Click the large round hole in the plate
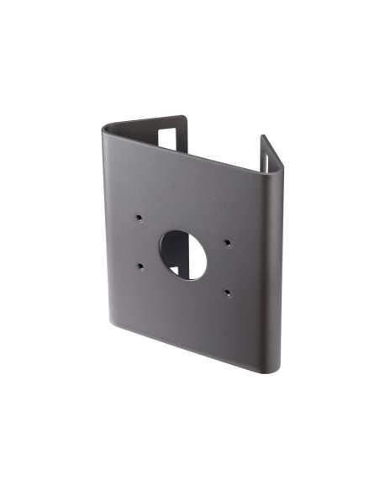point(183,255)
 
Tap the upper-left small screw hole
point(139,217)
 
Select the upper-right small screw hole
point(228,244)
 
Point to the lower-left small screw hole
point(140,267)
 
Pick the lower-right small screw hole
point(228,293)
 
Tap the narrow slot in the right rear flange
point(268,157)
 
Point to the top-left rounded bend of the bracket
point(107,129)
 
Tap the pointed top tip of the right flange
point(263,136)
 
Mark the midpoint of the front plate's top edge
point(189,149)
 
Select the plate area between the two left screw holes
point(139,242)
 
